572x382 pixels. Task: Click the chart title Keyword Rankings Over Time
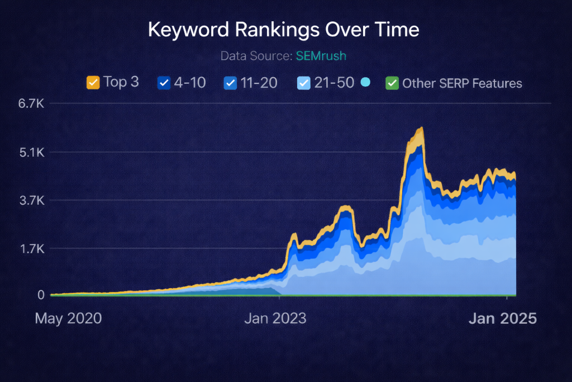click(283, 30)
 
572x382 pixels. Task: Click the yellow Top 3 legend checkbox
click(93, 83)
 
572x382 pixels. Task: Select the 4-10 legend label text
click(190, 83)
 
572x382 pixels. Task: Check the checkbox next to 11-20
click(230, 83)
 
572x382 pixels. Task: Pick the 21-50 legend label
click(334, 83)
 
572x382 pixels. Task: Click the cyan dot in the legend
click(366, 82)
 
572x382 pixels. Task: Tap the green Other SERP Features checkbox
click(392, 83)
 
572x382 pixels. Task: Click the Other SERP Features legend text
click(462, 83)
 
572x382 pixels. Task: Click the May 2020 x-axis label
click(68, 319)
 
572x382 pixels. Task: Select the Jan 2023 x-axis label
click(275, 319)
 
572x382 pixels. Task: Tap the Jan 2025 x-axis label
click(502, 319)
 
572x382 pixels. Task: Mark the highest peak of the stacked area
click(421, 129)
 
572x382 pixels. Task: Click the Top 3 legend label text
click(121, 82)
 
